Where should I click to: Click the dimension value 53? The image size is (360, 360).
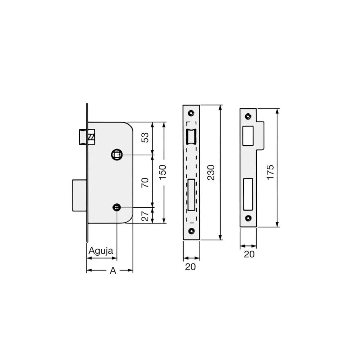(x=145, y=137)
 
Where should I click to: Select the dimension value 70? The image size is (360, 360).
(x=145, y=182)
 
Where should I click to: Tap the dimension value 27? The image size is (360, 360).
(x=145, y=216)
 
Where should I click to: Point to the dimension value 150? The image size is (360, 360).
(x=162, y=172)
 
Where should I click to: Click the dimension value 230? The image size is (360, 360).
(x=211, y=172)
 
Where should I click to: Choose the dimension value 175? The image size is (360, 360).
(x=270, y=172)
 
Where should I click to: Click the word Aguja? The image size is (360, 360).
(x=101, y=251)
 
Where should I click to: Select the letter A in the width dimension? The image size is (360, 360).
(x=113, y=271)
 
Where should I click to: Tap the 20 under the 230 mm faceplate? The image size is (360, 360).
(x=190, y=267)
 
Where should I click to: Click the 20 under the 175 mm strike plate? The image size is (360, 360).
(x=249, y=254)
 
